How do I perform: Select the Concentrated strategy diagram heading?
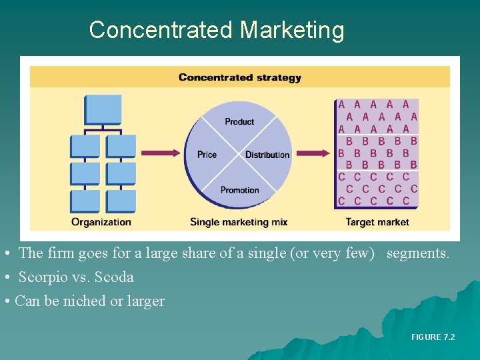tap(239, 77)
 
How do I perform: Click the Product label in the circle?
tap(239, 121)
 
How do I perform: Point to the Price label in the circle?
tap(207, 155)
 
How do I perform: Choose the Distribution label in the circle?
tap(267, 155)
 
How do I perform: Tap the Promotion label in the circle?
tap(239, 189)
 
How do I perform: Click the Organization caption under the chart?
tap(101, 221)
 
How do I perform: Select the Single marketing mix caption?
tap(239, 221)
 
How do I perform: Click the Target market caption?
tap(377, 221)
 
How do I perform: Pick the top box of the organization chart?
tap(103, 109)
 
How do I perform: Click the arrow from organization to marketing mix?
tap(161, 153)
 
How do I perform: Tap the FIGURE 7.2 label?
tap(433, 337)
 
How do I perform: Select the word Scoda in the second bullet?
tap(115, 277)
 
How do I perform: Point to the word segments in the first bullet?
tap(417, 253)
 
